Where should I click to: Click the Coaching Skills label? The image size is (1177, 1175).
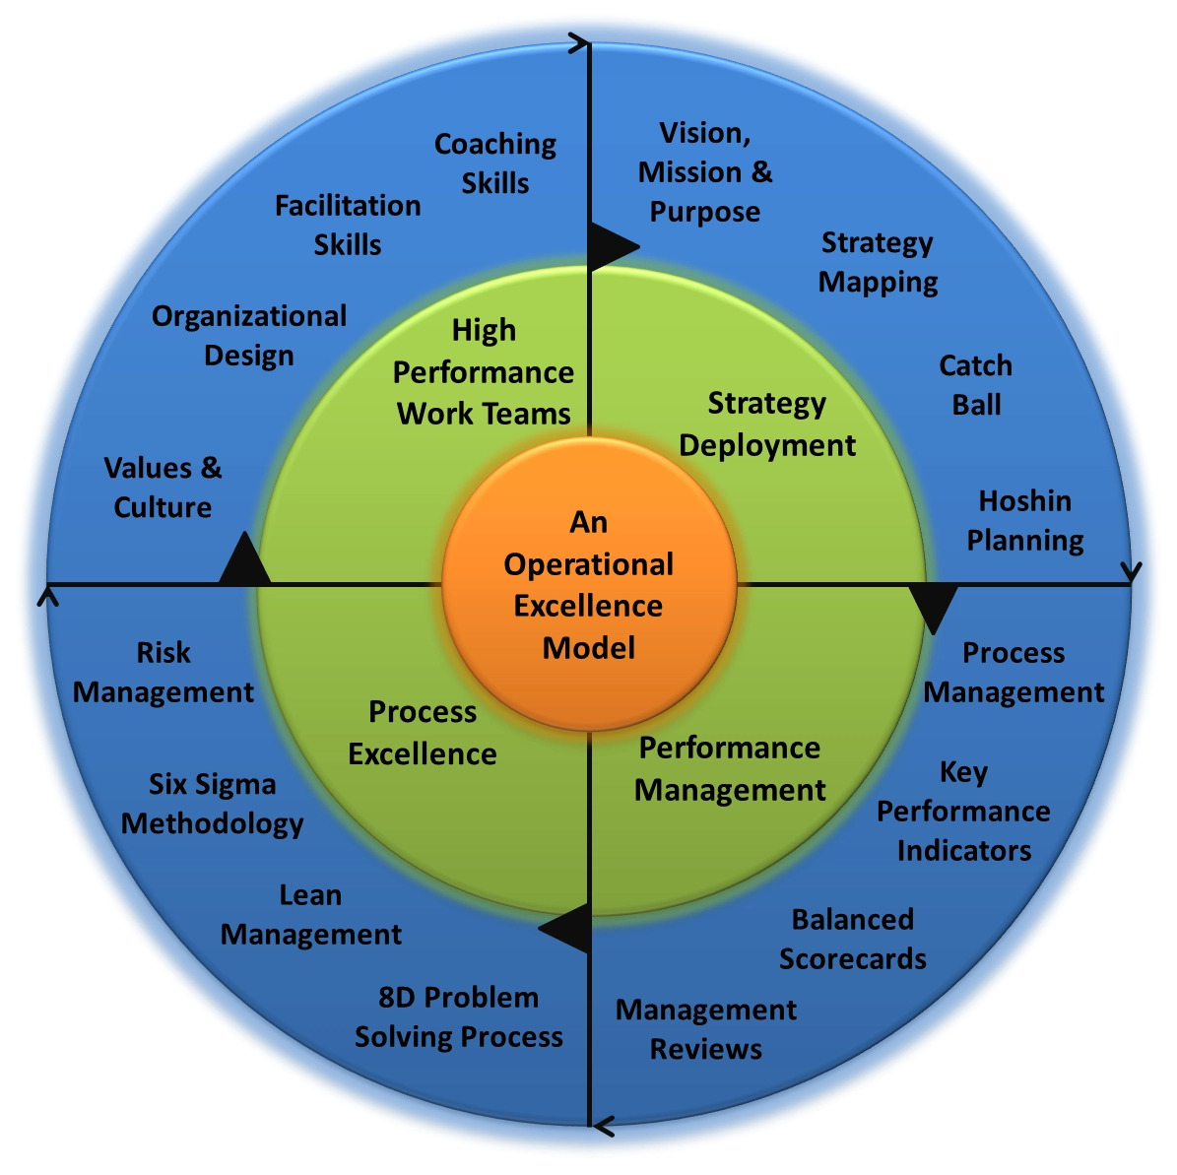pos(495,163)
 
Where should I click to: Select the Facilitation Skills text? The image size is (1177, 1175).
pos(348,225)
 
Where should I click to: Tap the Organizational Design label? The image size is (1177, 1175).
pos(249,336)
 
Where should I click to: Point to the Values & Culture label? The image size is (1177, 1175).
pos(163,488)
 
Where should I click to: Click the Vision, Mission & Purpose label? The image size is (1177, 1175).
pos(705,172)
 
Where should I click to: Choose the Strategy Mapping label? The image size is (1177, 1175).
pos(878,262)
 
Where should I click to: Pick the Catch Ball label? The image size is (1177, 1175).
pos(976,385)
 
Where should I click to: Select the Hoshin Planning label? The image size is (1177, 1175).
pos(1024,520)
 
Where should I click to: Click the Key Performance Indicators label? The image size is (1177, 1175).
pos(963,811)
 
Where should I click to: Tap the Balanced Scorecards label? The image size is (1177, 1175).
pos(853,939)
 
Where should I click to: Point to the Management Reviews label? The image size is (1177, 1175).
pos(706,1029)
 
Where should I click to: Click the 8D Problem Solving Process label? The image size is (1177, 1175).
pos(459,1016)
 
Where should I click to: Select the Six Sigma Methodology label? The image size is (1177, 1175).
pos(213,804)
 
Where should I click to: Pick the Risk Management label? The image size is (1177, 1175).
pos(163,673)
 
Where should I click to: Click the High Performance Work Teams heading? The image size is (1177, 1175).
pos(484,372)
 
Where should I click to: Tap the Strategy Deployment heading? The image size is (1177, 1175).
pos(767,424)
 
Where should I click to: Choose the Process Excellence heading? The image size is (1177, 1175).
pos(423,733)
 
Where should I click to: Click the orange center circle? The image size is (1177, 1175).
pos(589,585)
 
